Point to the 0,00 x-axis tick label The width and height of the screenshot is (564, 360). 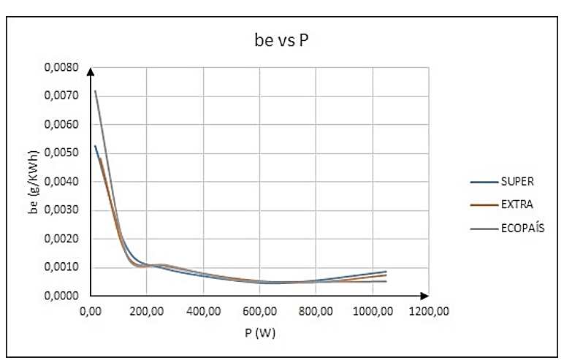[x=90, y=312]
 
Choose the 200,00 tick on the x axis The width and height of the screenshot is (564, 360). [x=146, y=312]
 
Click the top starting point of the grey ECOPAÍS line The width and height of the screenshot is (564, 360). [x=94, y=91]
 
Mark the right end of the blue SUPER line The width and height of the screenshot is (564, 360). [x=386, y=272]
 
